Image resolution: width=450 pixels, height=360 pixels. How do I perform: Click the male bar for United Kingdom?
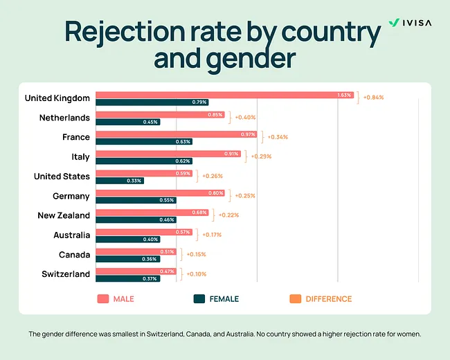225,95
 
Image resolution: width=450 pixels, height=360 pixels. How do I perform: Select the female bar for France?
143,141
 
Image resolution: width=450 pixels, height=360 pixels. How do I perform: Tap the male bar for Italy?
168,154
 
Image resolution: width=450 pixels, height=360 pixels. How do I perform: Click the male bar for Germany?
159,192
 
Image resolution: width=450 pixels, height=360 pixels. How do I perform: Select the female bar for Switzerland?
127,278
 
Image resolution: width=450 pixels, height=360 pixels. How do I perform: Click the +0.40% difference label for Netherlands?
246,118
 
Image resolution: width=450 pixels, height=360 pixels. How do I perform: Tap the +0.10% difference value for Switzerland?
196,274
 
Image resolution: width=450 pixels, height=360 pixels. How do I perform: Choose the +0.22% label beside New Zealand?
229,215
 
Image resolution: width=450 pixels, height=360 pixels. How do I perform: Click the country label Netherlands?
65,118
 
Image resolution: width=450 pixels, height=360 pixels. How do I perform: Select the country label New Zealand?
64,215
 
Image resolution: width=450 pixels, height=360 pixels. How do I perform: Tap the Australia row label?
71,235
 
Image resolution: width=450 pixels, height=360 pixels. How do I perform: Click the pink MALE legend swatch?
103,299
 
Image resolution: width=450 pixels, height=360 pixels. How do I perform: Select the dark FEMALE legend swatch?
199,299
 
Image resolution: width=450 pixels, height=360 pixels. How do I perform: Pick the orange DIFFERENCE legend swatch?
294,299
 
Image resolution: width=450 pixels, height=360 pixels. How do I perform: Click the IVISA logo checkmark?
393,23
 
